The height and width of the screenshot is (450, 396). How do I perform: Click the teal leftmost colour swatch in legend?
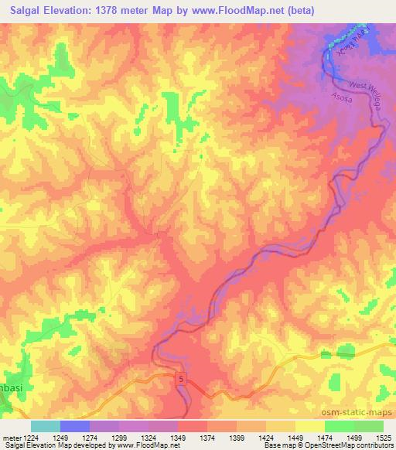45,426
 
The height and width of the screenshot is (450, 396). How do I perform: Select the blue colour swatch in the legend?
75,426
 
